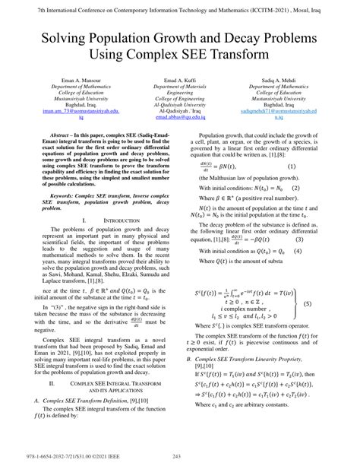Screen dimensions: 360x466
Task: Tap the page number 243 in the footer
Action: point(180,456)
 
